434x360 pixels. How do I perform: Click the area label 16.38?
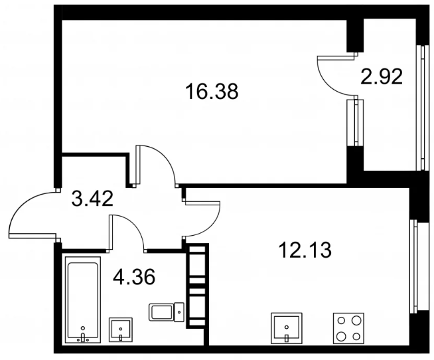point(212,92)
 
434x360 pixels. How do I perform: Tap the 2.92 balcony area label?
point(382,76)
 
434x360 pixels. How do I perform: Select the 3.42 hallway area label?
point(92,199)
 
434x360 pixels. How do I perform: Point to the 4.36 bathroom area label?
point(134,277)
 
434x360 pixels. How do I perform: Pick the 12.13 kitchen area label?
point(305,250)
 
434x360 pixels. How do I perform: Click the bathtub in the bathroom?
point(83,300)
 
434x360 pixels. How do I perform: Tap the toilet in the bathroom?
point(167,312)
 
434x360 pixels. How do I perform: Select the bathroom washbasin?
point(121,330)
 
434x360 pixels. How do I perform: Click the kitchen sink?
point(287,328)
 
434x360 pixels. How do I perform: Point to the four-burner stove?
point(349,328)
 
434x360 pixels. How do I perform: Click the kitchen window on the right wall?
point(414,265)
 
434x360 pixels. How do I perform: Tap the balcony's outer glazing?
point(421,108)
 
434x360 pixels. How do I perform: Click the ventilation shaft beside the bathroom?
point(197,286)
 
